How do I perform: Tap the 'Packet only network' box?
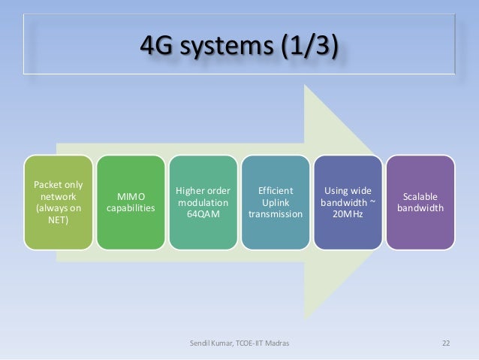(57, 202)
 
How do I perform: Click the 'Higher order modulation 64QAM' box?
(202, 202)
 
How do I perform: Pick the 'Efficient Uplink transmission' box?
(275, 202)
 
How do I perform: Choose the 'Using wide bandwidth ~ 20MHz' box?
(347, 202)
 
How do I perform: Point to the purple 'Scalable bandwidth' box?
(420, 202)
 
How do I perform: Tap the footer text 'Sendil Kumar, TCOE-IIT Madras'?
(239, 343)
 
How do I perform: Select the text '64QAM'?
(202, 215)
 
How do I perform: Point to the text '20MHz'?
(347, 215)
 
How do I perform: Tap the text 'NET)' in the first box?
(57, 221)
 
